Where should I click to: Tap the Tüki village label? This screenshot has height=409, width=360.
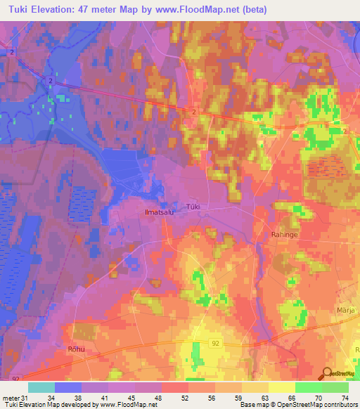click(193, 207)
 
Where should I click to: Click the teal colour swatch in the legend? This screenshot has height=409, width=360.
click(41, 387)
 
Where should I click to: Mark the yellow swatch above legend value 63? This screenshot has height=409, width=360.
click(255, 387)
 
